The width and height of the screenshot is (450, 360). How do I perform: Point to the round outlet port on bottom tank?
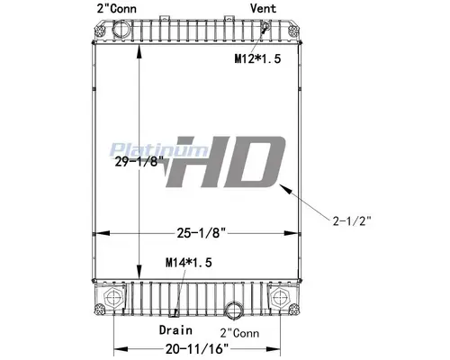point(236,314)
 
